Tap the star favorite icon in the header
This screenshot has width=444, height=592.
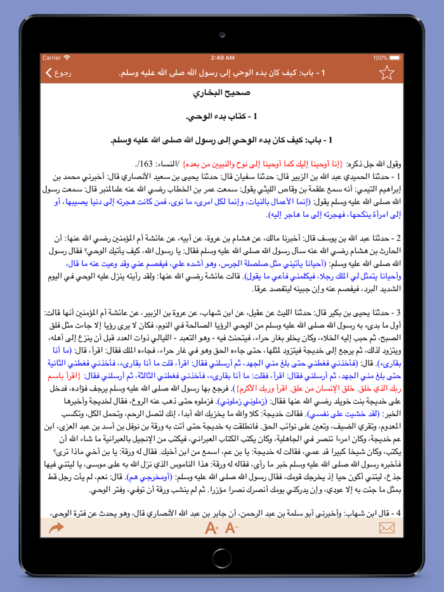(387, 73)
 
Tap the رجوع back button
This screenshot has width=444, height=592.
(58, 73)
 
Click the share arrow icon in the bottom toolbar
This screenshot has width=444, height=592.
(56, 527)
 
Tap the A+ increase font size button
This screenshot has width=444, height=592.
(212, 527)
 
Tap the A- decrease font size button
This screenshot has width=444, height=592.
(232, 527)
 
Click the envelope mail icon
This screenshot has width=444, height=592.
(387, 527)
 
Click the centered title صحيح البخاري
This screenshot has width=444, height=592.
(221, 93)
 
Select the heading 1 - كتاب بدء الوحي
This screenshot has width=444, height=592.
(221, 117)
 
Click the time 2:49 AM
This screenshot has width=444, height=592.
(222, 58)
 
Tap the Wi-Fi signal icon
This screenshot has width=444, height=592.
(68, 58)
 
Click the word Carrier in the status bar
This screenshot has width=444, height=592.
(52, 58)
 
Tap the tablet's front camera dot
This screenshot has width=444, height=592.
(222, 35)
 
